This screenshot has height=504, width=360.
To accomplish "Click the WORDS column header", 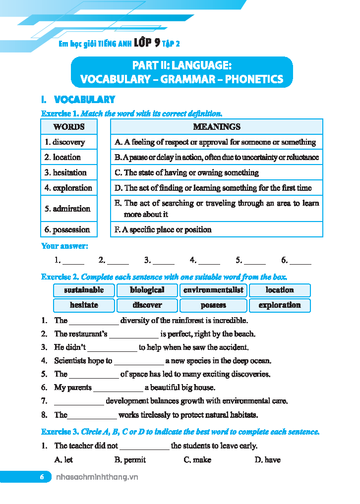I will click(x=68, y=127).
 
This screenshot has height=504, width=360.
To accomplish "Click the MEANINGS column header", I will click(x=217, y=127).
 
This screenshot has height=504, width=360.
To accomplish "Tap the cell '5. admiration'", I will click(x=67, y=209).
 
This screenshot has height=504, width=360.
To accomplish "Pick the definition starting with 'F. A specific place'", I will click(x=163, y=229).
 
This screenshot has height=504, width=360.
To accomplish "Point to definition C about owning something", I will click(x=186, y=172).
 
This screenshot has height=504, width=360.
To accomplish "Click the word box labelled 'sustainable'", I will click(x=84, y=290).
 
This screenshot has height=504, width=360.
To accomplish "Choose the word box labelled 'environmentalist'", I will click(x=214, y=290).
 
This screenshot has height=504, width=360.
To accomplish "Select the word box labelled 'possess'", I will click(x=214, y=305).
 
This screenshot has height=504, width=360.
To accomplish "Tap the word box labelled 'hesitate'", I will click(x=84, y=305).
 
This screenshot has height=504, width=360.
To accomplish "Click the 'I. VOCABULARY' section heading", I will click(x=78, y=100).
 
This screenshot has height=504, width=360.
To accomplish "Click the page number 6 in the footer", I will click(x=42, y=477).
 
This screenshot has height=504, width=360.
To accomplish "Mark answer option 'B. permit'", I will click(x=130, y=460).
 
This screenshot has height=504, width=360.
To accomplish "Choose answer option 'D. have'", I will click(x=267, y=460).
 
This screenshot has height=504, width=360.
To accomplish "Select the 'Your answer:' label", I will click(x=64, y=246).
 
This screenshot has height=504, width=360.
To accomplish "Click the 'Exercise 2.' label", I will click(x=60, y=277).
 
